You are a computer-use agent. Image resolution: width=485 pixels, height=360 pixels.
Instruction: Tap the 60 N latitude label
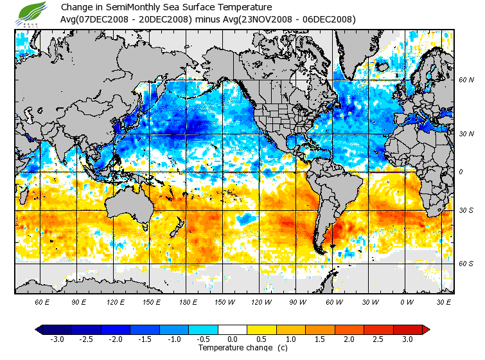(466, 80)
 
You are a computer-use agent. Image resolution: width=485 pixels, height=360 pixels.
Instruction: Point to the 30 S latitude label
(466, 210)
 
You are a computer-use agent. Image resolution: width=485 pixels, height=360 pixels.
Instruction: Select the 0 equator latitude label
(461, 172)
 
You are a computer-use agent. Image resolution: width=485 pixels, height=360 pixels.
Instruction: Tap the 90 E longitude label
(78, 301)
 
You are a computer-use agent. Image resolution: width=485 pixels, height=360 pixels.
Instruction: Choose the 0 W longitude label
(406, 301)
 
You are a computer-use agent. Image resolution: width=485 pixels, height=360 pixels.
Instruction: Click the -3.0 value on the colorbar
(56, 339)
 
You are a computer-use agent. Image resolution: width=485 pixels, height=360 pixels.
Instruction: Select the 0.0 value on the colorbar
(232, 339)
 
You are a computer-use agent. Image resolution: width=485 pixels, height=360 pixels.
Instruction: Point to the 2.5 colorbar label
(379, 339)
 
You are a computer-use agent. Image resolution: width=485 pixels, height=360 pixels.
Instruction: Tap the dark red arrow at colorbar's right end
(425, 329)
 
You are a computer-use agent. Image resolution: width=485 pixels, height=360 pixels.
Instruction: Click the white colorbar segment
(232, 329)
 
